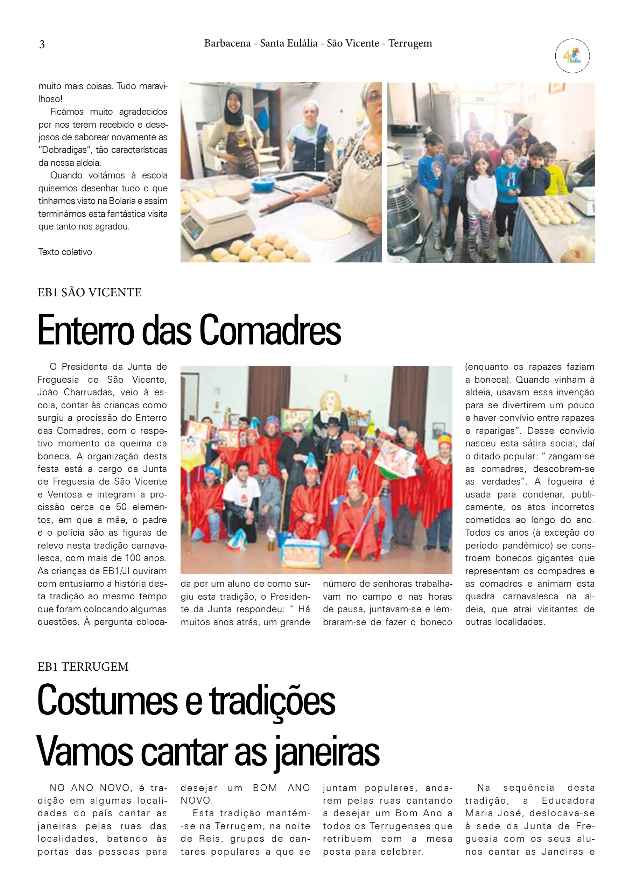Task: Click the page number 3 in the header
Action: tap(42, 44)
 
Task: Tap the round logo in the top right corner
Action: tap(572, 56)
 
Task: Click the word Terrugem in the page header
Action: tap(410, 43)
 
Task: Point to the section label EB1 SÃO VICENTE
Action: tap(90, 293)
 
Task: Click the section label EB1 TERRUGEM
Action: tap(83, 667)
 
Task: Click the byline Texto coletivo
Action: tap(65, 252)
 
